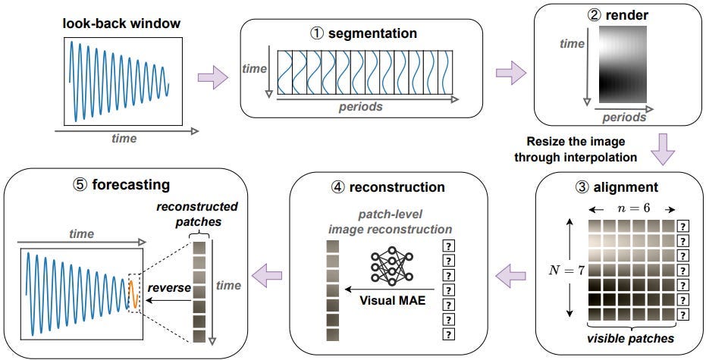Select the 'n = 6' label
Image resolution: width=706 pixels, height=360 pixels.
pyautogui.click(x=631, y=207)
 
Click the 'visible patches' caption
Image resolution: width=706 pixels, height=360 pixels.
pyautogui.click(x=631, y=336)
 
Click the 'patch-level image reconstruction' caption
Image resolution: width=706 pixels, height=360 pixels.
pyautogui.click(x=390, y=221)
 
